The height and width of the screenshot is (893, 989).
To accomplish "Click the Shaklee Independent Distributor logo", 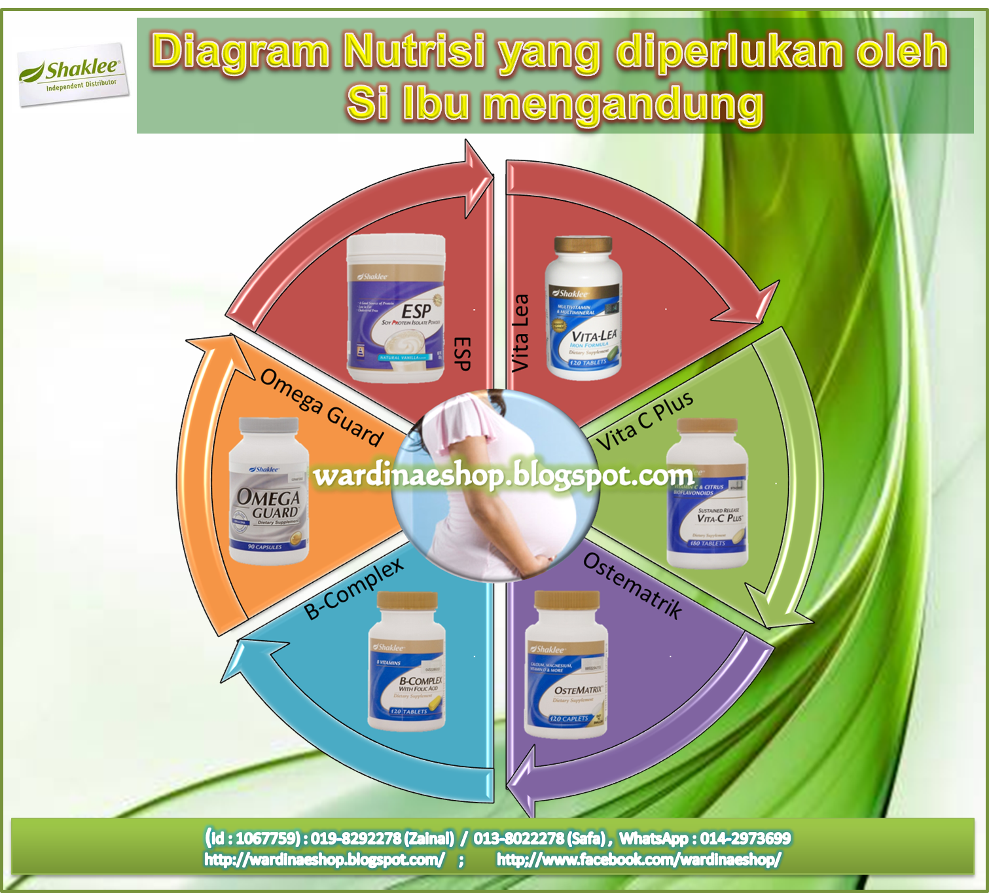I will [x=73, y=74].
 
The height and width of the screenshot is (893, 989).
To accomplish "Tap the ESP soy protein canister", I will [x=397, y=309].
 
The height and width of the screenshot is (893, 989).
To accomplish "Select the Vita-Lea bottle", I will [x=583, y=309].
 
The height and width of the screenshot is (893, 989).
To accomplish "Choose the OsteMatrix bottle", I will [x=567, y=665].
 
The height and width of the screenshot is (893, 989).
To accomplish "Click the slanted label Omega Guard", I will [x=321, y=407].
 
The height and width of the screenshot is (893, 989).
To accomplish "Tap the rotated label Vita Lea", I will [x=520, y=333].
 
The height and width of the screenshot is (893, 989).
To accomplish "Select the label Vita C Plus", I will [x=645, y=422].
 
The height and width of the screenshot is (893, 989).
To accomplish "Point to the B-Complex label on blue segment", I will [x=354, y=589].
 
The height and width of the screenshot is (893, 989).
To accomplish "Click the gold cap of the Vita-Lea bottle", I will [x=583, y=247].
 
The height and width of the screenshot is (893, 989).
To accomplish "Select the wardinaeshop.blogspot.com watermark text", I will [x=503, y=475].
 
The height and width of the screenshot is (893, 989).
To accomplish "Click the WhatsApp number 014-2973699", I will [x=746, y=839].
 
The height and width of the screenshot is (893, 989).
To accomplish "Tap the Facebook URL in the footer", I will [x=639, y=860].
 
